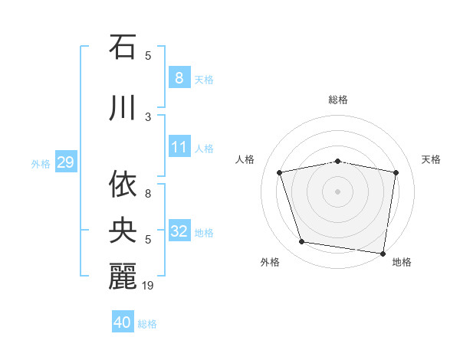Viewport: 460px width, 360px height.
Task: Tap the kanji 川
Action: (x=123, y=109)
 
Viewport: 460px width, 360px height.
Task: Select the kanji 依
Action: (x=123, y=185)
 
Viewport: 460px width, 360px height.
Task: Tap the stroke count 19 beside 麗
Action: (x=149, y=286)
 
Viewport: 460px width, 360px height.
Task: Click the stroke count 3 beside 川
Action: (x=148, y=117)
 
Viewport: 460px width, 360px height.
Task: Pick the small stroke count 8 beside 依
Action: (x=148, y=194)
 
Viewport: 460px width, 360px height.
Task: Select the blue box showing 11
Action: (x=179, y=147)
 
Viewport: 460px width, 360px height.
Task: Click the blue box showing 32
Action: (x=179, y=231)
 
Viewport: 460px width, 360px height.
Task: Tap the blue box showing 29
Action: (x=65, y=162)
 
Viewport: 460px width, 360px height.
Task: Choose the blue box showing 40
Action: (x=122, y=322)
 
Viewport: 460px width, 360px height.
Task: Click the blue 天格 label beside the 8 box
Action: (x=204, y=79)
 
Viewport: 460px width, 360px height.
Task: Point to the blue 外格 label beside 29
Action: (x=41, y=163)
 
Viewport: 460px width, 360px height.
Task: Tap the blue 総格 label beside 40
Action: (x=147, y=324)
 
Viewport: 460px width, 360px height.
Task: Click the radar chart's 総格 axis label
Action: (x=338, y=100)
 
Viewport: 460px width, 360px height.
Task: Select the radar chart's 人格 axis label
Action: (x=245, y=159)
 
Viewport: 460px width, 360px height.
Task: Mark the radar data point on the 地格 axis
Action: (x=383, y=253)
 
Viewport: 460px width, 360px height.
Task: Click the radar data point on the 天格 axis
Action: (x=396, y=172)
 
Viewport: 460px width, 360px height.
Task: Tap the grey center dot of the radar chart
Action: (x=338, y=191)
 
